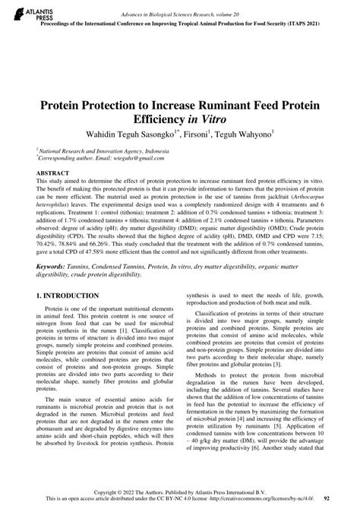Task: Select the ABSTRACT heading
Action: pos(53,174)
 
